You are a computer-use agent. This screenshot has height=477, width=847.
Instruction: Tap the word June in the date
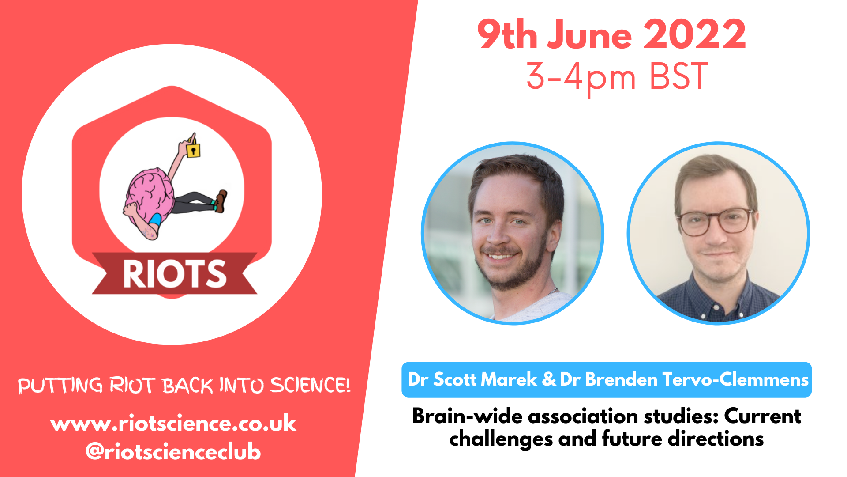coord(589,35)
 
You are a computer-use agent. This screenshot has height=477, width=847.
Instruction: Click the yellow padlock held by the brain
coord(193,150)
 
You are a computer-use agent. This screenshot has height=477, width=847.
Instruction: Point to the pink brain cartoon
coord(149,194)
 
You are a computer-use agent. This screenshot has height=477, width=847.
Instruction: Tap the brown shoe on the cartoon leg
coord(221,201)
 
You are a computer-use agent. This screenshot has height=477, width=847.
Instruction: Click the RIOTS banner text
coord(175,274)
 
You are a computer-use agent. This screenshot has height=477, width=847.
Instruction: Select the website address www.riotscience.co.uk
coord(173,423)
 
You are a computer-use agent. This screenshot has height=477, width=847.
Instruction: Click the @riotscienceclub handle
coord(173,451)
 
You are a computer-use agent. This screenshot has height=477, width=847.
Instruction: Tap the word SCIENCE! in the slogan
coord(311,385)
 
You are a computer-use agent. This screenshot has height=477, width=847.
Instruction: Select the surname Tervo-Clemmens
coord(735,379)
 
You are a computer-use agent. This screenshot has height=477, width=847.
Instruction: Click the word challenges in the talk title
coord(501,439)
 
